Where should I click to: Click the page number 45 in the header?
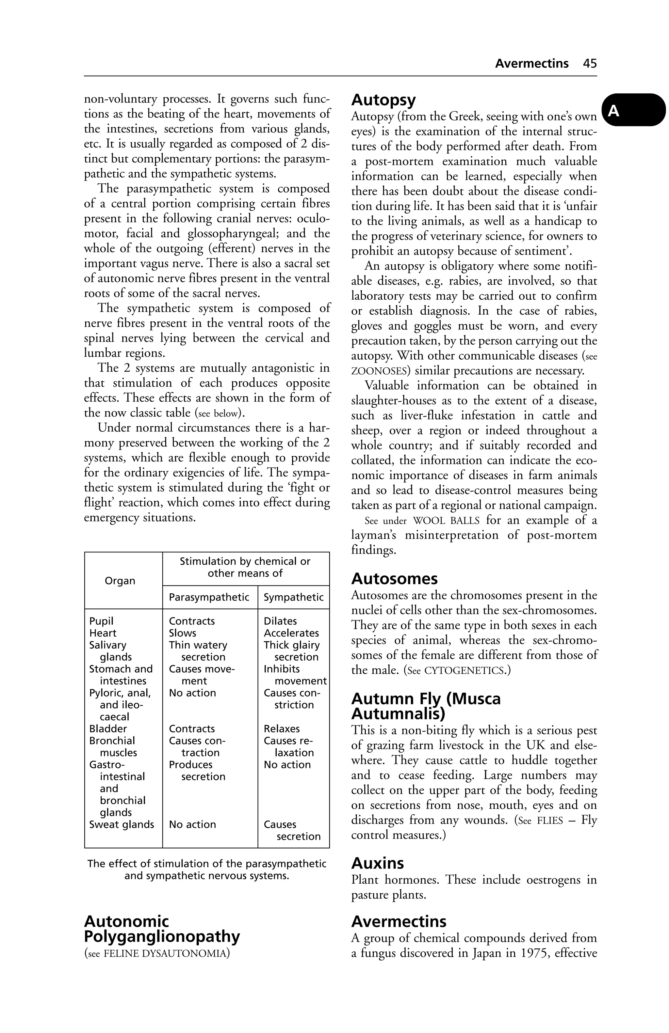click(590, 64)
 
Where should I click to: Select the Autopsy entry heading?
click(383, 100)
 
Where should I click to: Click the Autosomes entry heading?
click(394, 579)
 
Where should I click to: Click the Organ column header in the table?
click(120, 581)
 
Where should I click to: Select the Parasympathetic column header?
click(209, 597)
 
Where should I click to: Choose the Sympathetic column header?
click(294, 597)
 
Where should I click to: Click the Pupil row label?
click(101, 621)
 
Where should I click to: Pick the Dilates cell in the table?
click(280, 621)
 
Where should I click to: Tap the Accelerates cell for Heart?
click(291, 633)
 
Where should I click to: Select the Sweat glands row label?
click(122, 824)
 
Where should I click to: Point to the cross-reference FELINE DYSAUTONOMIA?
click(165, 954)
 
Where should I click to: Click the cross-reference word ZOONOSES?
click(379, 371)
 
